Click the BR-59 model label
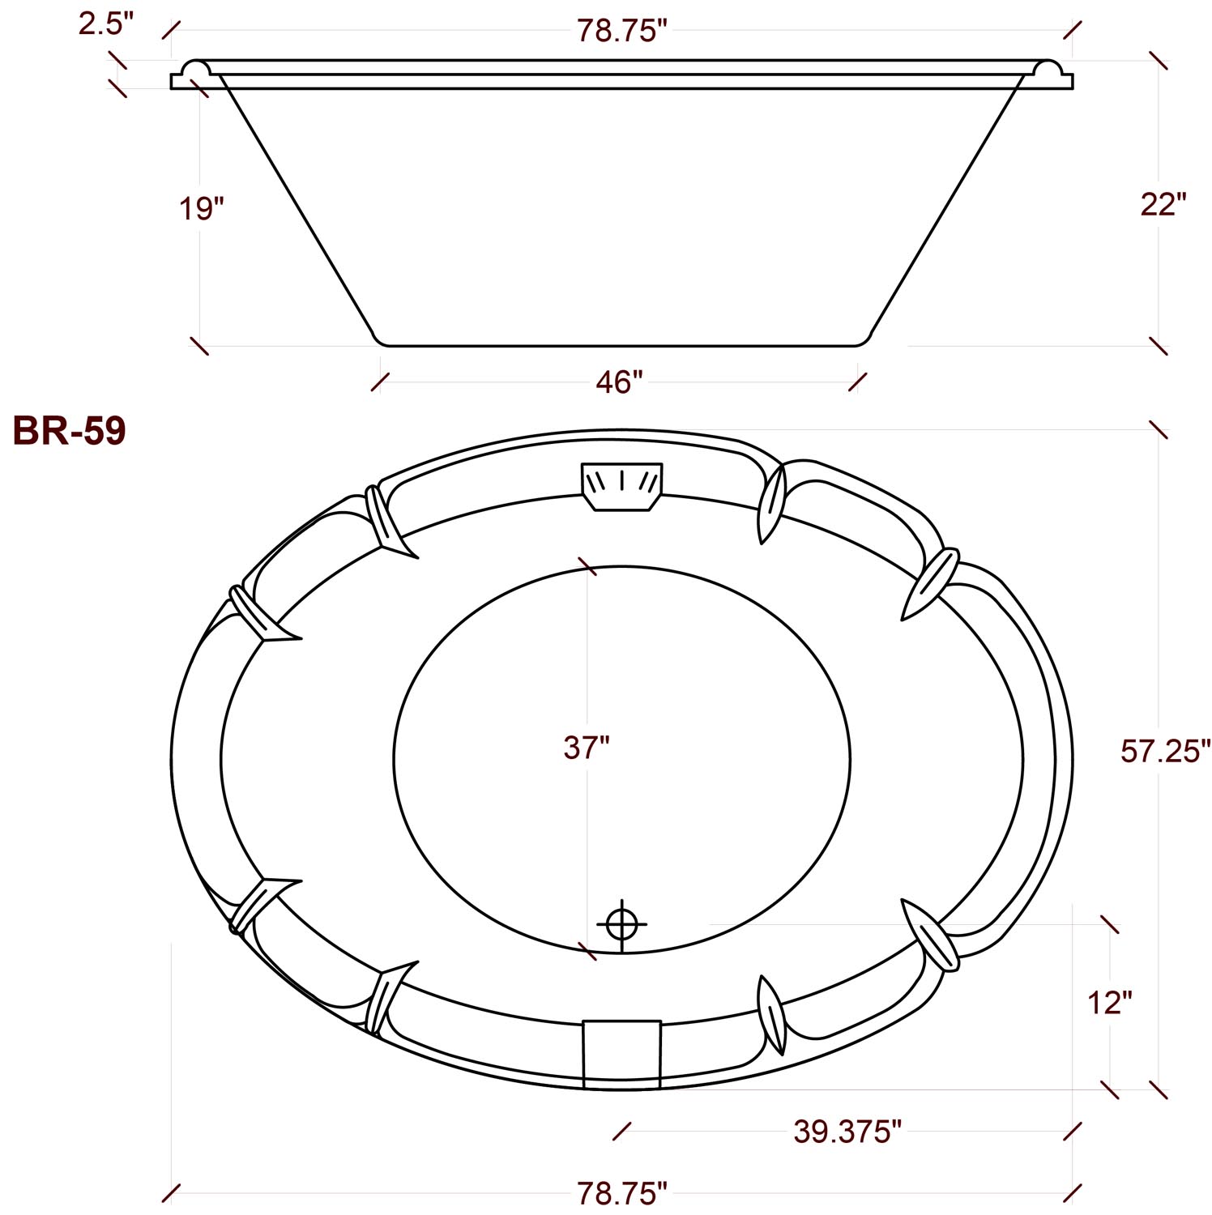(69, 431)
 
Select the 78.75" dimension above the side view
(621, 31)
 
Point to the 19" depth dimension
(201, 208)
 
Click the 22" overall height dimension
(1163, 205)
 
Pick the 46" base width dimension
(619, 382)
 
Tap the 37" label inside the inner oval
(586, 748)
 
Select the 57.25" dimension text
(1165, 752)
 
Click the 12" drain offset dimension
(1109, 1004)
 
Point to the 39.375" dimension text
(847, 1132)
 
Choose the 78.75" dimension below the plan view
(621, 1193)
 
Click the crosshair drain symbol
(621, 923)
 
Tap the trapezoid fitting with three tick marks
(621, 486)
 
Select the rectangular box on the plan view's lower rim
(621, 1053)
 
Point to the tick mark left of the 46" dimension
(380, 382)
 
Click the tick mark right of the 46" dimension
(858, 382)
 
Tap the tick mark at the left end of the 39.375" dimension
(622, 1132)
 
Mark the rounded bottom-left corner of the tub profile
(378, 338)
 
